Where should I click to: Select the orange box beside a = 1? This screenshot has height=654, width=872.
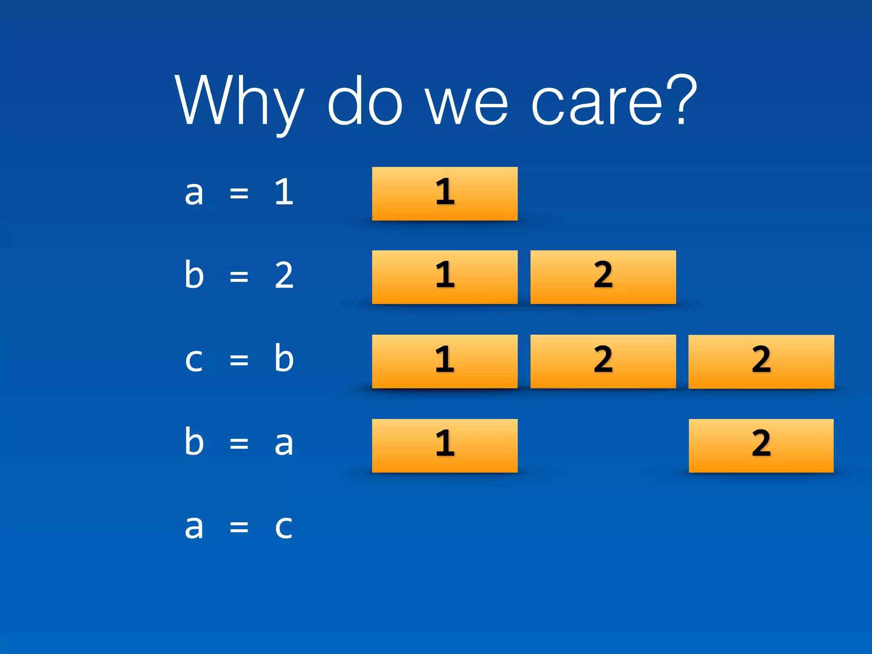[x=445, y=194]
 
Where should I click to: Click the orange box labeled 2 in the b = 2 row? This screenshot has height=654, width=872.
[x=603, y=277]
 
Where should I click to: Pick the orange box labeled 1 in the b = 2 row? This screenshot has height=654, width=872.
[x=445, y=277]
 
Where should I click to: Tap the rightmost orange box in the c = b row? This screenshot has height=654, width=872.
[x=761, y=361]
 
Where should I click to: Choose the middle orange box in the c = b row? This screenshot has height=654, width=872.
[x=603, y=361]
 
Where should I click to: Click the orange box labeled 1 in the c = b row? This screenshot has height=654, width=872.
[x=445, y=361]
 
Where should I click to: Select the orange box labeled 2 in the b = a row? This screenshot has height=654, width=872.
[x=761, y=445]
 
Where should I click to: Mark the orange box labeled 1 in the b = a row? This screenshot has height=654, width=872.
[x=445, y=445]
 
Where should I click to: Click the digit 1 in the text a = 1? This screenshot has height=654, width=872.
[x=284, y=192]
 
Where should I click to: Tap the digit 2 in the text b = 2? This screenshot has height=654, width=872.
[x=284, y=276]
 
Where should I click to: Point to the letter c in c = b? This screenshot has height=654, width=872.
[x=194, y=360]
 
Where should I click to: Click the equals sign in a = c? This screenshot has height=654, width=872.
[x=239, y=528]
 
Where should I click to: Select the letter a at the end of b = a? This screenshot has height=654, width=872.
[x=284, y=444]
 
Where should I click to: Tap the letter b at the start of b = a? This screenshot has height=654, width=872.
[x=194, y=442]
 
